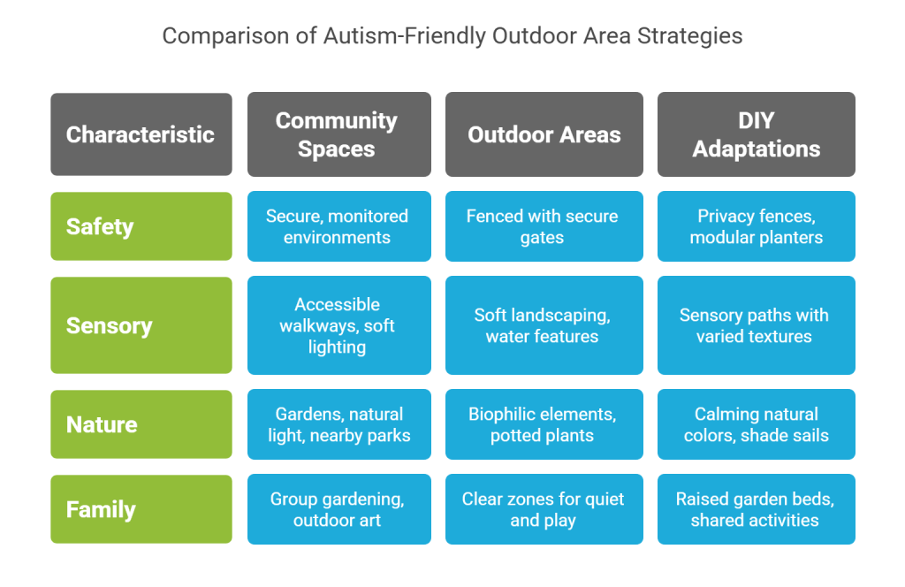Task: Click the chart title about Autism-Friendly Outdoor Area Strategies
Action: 452,35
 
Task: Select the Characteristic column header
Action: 141,134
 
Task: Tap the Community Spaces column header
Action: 339,134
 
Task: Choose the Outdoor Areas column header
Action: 544,134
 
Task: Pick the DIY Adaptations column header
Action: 757,134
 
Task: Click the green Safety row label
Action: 141,226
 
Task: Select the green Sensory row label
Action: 141,325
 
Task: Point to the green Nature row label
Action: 141,424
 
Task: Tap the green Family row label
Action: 141,509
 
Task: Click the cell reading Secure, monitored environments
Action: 339,226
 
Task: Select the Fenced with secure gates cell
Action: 544,226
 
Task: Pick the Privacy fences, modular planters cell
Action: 757,226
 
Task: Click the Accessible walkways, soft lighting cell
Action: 339,325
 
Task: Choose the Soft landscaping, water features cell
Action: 544,325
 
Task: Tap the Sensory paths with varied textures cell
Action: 757,325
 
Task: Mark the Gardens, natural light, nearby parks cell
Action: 339,424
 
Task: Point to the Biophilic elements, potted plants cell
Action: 544,424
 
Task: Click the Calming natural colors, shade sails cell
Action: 757,424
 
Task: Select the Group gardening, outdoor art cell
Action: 339,509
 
